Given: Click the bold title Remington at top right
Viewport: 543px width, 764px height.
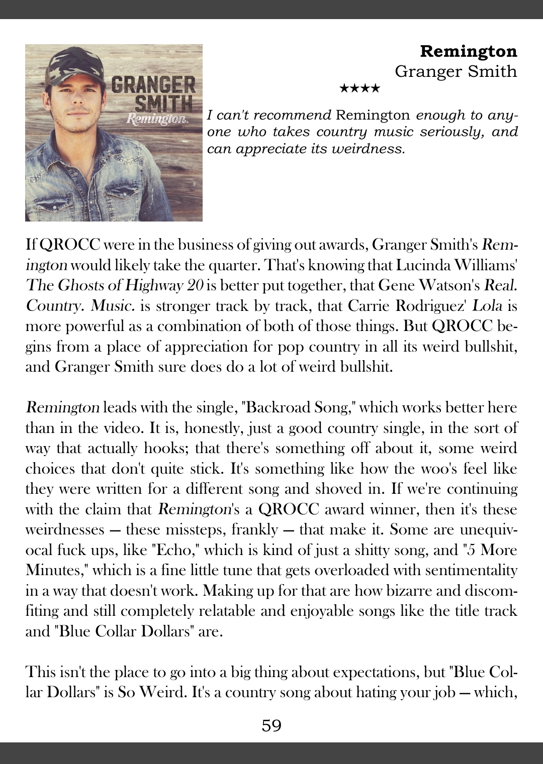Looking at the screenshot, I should point(468,51).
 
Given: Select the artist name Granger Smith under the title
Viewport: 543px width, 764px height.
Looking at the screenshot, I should point(456,71).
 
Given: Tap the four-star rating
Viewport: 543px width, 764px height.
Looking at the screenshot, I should point(360,89).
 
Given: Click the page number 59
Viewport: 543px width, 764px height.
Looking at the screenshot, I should point(271,725).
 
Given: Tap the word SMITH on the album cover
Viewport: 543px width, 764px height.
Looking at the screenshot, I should point(164,104).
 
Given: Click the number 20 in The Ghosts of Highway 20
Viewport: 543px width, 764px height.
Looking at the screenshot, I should point(194,285).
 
